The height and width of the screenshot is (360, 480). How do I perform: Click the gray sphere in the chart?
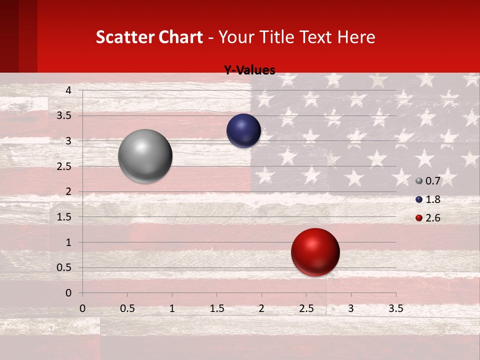(145, 156)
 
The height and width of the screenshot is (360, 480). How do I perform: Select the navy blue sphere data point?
(243, 130)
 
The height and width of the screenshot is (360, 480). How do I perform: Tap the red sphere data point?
(315, 252)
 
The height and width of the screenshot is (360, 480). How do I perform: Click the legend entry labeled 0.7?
(428, 181)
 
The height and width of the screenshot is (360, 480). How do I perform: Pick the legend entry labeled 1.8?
(428, 199)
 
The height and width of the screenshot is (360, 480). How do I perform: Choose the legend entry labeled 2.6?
(428, 218)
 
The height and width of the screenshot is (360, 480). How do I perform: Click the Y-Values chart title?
(249, 70)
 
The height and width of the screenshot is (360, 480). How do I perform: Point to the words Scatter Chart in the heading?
(149, 37)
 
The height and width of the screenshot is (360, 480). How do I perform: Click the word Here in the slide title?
(356, 37)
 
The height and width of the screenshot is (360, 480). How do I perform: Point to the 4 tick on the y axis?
(68, 90)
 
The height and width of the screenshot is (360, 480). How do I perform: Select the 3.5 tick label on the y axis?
(64, 116)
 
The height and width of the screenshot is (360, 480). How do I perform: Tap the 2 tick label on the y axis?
(68, 191)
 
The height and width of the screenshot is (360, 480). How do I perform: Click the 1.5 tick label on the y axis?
(64, 217)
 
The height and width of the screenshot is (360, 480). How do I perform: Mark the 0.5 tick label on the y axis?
(64, 268)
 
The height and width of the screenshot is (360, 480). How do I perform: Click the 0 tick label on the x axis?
(82, 309)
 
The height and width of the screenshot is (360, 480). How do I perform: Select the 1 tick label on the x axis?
(172, 309)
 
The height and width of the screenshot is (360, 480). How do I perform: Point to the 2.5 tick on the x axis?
(306, 309)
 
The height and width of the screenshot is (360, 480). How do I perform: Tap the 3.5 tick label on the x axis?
(395, 309)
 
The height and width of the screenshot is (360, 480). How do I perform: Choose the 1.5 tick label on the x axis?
(216, 309)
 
